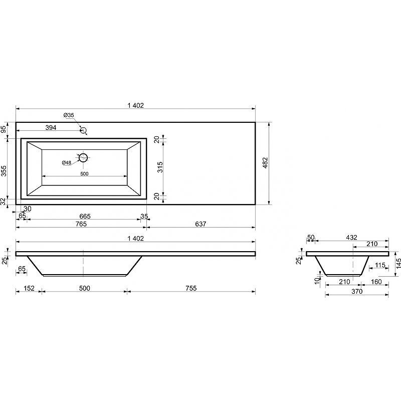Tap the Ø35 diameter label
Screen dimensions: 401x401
[69, 115]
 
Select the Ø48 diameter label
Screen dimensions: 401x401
[67, 162]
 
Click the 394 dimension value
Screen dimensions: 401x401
[51, 127]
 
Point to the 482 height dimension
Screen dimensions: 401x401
[265, 162]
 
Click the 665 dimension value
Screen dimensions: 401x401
[85, 217]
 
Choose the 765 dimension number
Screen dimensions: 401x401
[81, 224]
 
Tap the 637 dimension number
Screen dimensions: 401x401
[200, 224]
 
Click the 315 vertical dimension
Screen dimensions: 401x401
[160, 167]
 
